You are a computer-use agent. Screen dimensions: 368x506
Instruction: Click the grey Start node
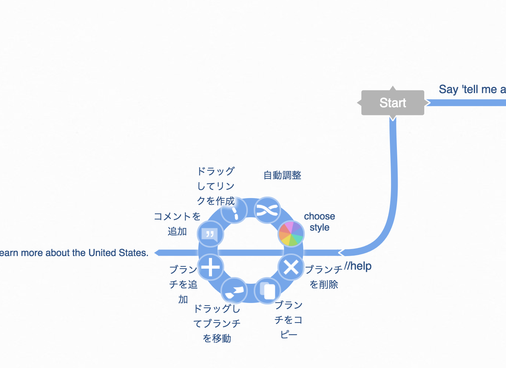(x=392, y=103)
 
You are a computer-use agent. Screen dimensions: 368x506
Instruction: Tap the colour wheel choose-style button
(x=291, y=234)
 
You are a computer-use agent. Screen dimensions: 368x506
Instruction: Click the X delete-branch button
(x=291, y=267)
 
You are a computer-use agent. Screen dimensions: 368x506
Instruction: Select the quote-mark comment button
(x=210, y=234)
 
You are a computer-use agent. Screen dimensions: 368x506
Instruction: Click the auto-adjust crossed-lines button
(x=267, y=211)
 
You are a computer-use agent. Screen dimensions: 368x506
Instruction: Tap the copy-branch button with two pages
(x=267, y=291)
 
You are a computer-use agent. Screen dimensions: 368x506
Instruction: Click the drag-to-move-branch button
(x=234, y=291)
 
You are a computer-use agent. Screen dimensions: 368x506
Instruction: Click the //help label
(x=358, y=266)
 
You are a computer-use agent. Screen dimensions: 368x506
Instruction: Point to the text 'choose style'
(x=320, y=222)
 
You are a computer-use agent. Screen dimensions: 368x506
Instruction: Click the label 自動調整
(x=282, y=175)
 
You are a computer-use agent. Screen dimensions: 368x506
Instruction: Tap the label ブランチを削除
(x=324, y=277)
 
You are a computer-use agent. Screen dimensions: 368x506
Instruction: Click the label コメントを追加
(x=177, y=224)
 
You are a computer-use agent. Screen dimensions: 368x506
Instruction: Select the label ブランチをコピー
(x=289, y=320)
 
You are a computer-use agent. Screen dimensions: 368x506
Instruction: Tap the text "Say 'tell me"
(x=468, y=89)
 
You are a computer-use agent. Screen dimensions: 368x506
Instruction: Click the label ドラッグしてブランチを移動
(x=217, y=323)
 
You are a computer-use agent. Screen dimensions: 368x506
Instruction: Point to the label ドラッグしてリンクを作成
(x=216, y=186)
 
